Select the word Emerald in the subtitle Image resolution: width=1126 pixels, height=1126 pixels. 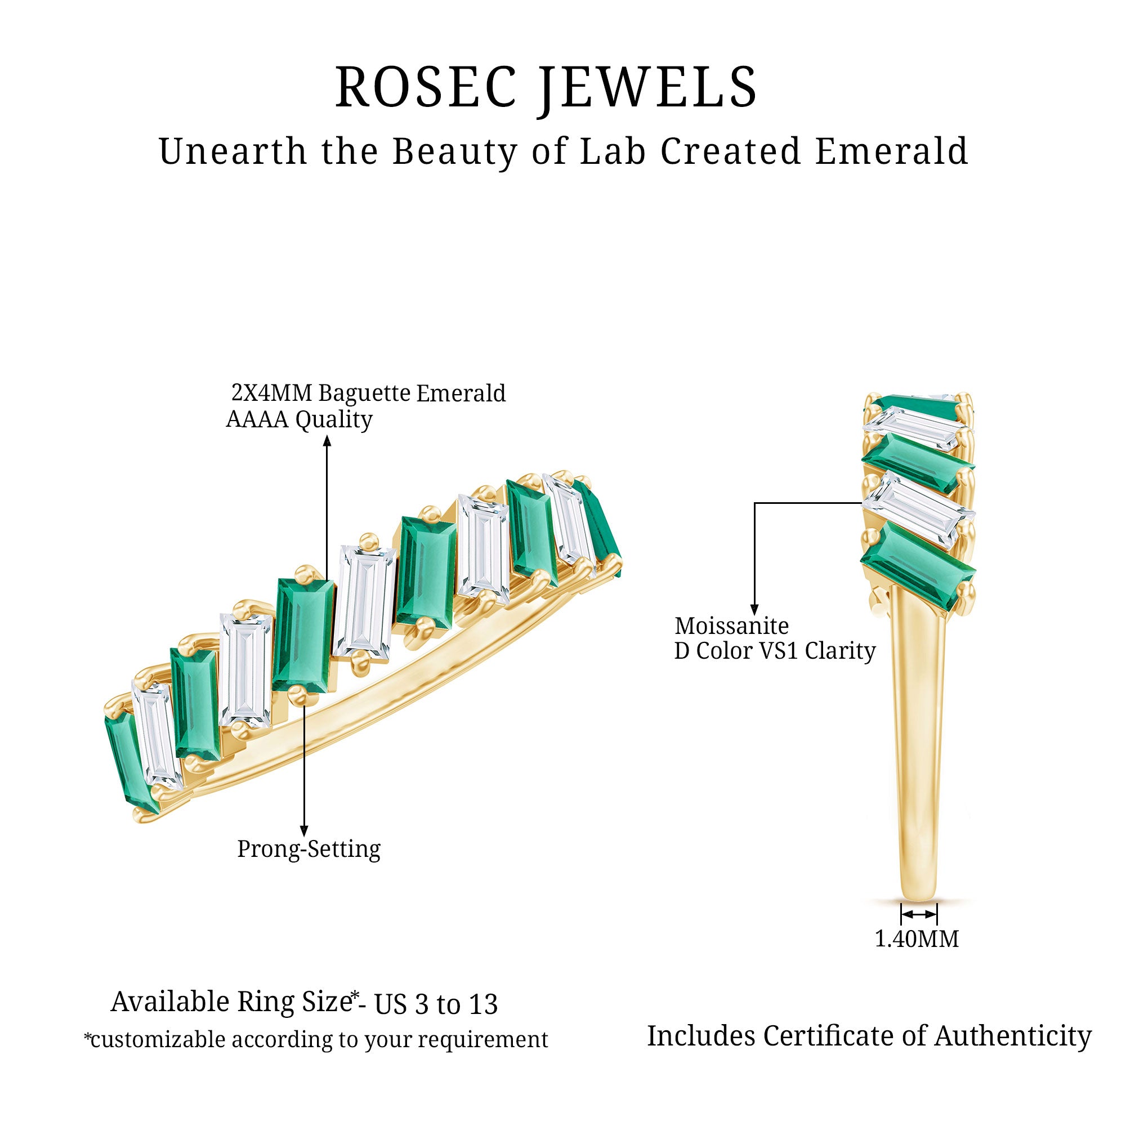(x=891, y=151)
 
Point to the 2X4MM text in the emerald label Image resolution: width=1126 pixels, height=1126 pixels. (x=271, y=394)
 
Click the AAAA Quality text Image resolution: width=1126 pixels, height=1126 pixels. (x=299, y=419)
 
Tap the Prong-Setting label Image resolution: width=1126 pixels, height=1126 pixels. (x=309, y=849)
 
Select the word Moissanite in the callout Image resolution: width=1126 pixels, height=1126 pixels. (x=731, y=626)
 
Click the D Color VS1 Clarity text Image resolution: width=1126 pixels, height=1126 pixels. (x=775, y=651)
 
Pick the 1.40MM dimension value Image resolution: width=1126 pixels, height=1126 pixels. (x=917, y=939)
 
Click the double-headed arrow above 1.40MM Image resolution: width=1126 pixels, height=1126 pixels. (x=919, y=914)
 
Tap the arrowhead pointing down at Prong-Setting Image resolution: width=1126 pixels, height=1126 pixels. (x=303, y=830)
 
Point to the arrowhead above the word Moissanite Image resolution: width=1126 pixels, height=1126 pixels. (x=755, y=610)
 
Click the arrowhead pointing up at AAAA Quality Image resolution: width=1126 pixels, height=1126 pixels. (x=327, y=442)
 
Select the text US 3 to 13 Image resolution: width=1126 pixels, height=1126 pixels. (x=436, y=1004)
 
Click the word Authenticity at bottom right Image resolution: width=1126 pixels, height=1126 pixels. (x=1013, y=1036)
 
